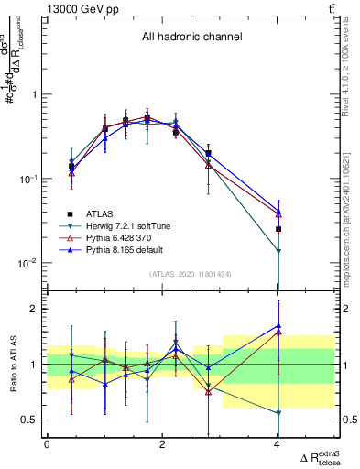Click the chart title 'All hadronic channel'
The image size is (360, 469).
191,38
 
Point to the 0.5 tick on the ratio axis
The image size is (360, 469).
30,420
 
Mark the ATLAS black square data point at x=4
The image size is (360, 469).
278,229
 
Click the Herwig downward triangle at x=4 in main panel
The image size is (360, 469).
278,251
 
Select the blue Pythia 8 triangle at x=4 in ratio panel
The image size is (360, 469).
278,325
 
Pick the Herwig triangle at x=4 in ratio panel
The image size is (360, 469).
278,413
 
